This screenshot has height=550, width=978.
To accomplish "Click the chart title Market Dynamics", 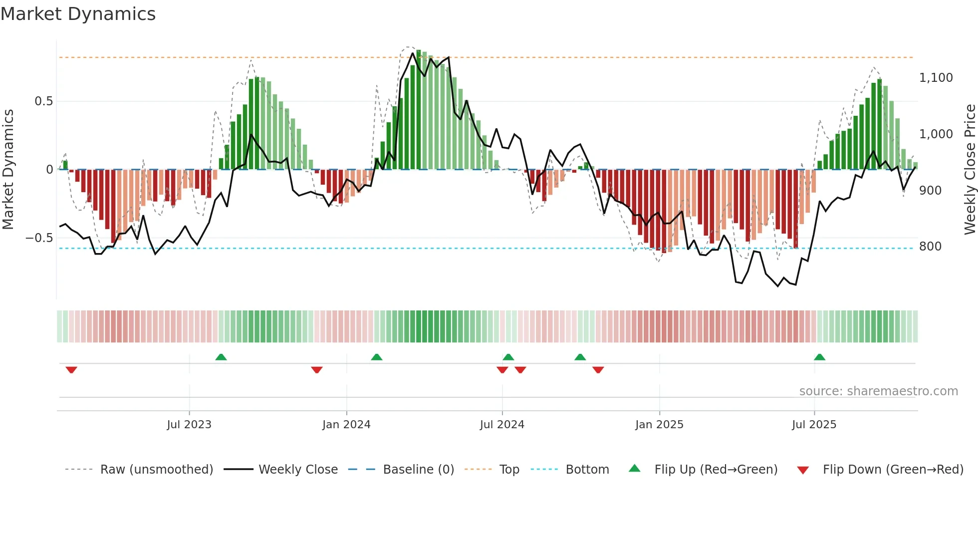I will (78, 14).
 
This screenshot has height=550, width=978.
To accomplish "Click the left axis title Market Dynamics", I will (8, 170).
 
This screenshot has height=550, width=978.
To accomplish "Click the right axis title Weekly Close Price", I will (970, 170).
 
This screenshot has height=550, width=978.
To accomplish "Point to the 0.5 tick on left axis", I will (43, 101).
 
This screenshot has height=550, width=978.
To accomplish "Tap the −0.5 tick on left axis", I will (39, 238).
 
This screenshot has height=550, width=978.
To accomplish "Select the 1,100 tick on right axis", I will (936, 78).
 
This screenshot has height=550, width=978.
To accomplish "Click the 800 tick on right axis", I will (930, 247).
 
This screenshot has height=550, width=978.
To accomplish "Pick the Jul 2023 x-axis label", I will (189, 425).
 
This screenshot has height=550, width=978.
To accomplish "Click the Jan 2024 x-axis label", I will (346, 425).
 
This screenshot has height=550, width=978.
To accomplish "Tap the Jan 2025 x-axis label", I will (659, 425).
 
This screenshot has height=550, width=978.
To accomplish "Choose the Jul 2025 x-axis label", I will (814, 425).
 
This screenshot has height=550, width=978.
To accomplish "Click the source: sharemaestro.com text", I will (878, 391).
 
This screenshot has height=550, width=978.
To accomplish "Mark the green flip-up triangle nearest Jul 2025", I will (819, 357).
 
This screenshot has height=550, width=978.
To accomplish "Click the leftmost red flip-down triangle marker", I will (71, 370).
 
